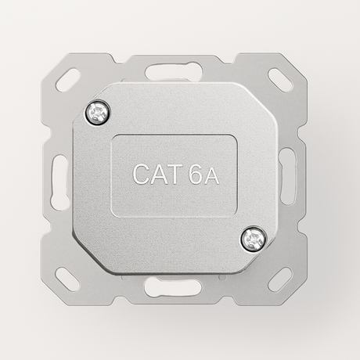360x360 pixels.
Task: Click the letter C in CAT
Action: (143, 175)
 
